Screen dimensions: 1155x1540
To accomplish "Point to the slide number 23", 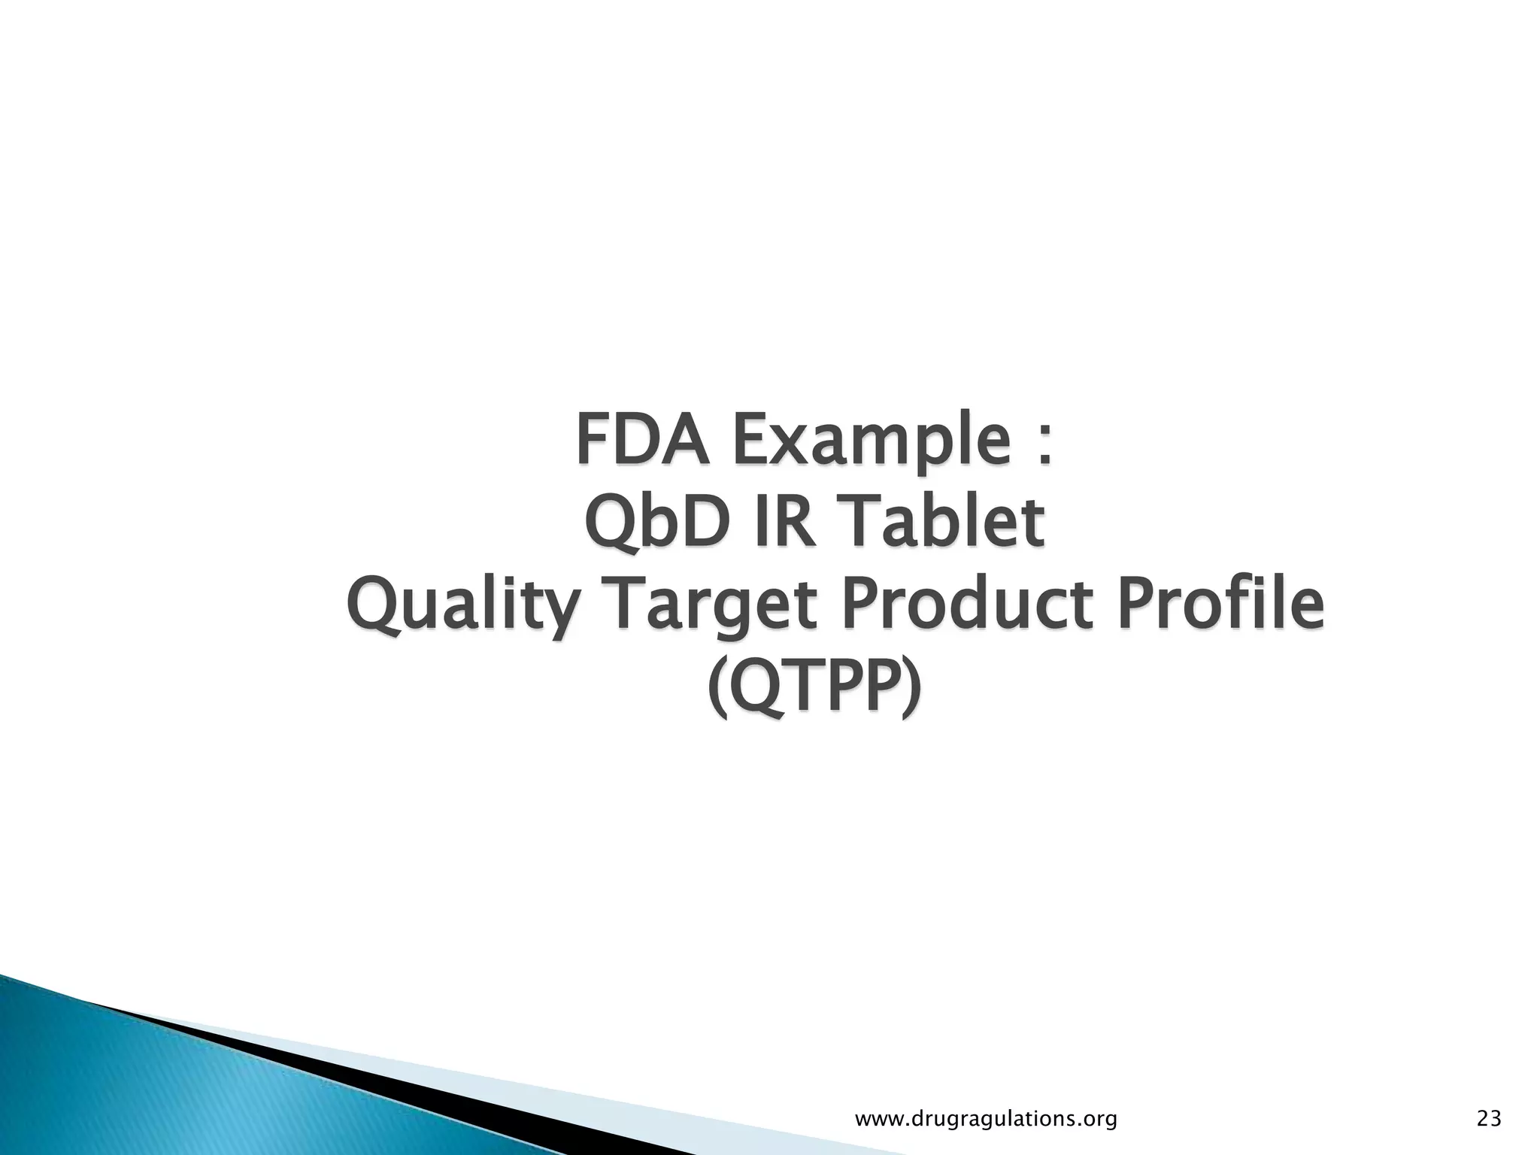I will pos(1489,1120).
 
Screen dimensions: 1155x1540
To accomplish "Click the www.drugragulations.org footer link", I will pos(987,1120).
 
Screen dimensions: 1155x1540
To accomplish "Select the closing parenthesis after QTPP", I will pos(909,690).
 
